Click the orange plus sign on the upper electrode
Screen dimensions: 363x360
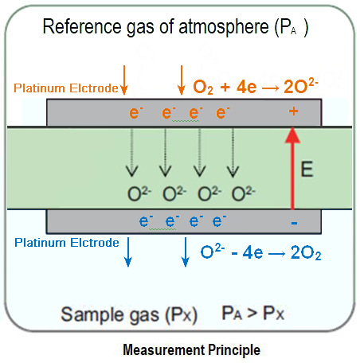click(x=294, y=113)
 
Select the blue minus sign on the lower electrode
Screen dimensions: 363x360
click(x=294, y=223)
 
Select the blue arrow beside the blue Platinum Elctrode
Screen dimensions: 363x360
click(x=127, y=250)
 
